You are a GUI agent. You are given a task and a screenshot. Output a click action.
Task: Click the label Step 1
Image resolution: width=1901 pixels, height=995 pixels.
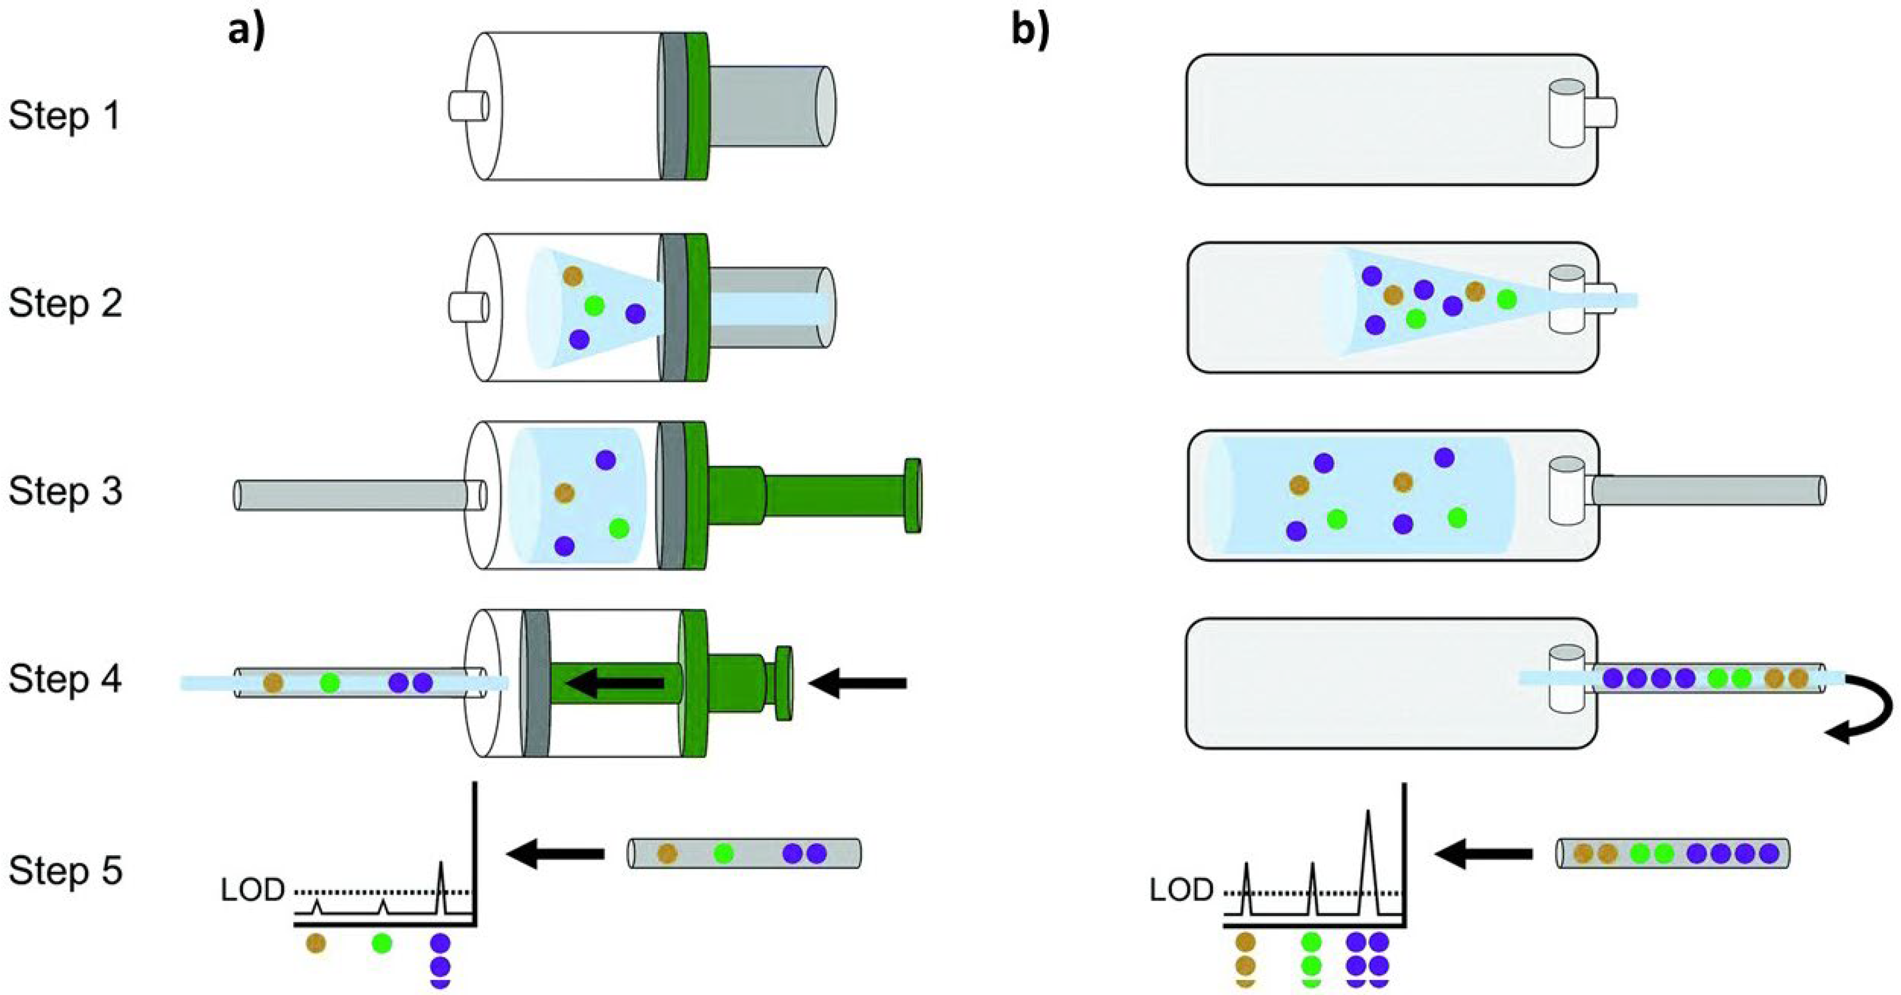click(65, 117)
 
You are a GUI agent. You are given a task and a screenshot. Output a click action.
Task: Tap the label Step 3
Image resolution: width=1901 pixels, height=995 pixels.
click(65, 492)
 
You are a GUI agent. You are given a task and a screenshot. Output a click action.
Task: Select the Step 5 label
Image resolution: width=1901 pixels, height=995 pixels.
click(65, 871)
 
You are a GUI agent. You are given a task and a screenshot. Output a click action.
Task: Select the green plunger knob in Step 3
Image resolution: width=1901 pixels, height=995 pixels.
click(913, 495)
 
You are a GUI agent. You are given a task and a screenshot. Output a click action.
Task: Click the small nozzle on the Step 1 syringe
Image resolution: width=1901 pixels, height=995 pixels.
click(468, 105)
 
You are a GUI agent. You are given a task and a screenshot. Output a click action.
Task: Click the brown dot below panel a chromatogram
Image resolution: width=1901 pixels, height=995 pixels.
click(316, 944)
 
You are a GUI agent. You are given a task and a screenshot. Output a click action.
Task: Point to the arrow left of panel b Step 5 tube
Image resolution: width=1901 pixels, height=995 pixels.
click(1484, 854)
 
